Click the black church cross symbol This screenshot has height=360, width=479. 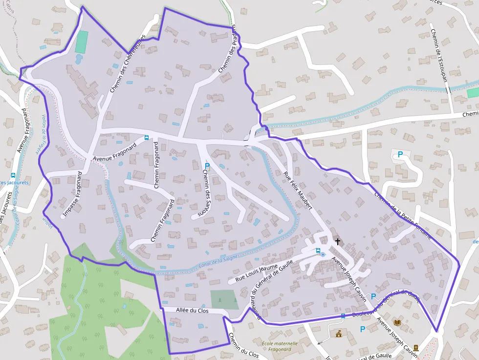tap(337, 241)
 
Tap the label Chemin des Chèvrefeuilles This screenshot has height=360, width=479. tap(128, 64)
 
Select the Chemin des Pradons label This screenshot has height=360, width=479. tap(227, 49)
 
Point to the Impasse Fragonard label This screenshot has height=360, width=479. tap(72, 194)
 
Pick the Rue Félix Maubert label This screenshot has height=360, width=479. tap(298, 191)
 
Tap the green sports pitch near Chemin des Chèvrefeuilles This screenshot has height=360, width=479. tap(82, 42)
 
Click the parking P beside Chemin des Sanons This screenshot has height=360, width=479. tap(207, 167)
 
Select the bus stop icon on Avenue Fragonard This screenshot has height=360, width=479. tap(147, 138)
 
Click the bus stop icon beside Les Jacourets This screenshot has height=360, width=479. tap(13, 175)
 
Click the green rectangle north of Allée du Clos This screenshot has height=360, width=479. tap(224, 299)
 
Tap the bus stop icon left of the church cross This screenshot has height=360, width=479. tap(318, 251)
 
